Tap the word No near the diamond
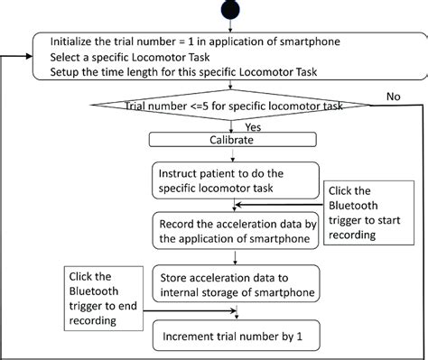tap(394, 96)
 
